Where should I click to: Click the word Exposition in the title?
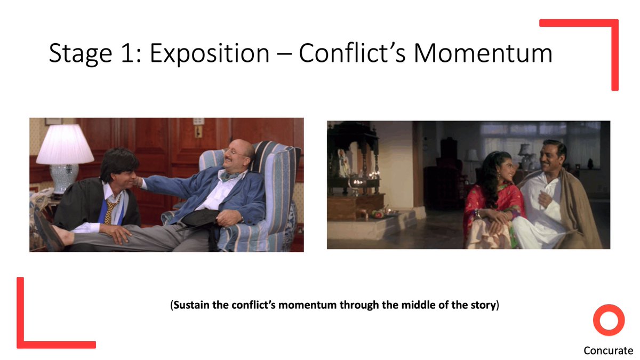tap(210, 54)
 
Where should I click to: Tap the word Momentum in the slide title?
tap(483, 53)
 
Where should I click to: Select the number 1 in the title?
tap(129, 53)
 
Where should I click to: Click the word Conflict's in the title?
tap(352, 53)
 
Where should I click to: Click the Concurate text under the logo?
tap(609, 350)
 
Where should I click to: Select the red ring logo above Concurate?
tap(609, 307)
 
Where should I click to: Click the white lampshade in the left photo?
tap(65, 145)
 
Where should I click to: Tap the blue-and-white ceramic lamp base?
tap(63, 179)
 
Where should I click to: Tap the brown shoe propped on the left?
tap(49, 231)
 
